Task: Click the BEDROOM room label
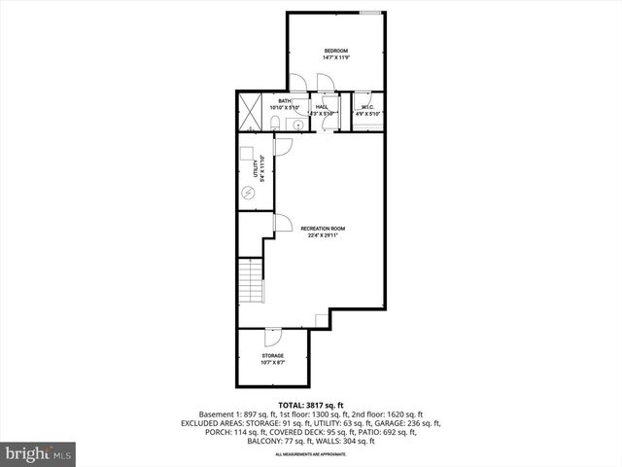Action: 335,51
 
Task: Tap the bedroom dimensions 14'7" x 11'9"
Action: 335,57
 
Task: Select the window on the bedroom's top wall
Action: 369,13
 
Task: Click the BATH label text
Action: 285,100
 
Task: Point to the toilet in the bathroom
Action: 276,121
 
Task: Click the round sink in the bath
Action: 297,124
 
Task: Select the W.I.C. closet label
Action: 368,107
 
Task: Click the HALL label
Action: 321,107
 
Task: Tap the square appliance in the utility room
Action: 248,156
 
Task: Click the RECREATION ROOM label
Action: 323,229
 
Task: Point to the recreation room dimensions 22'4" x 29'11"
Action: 323,235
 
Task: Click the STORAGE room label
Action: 272,356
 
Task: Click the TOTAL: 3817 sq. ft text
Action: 310,404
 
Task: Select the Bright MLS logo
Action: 39,453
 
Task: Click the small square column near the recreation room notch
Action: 322,321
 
